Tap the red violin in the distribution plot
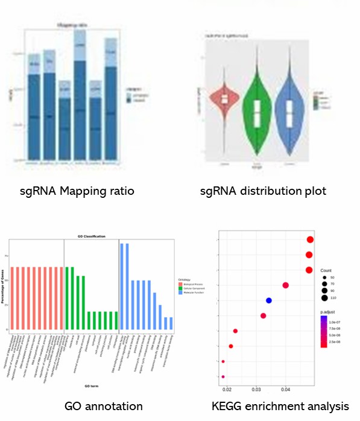225,99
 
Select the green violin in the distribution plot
257,115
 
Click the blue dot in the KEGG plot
269,300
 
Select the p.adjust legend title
329,312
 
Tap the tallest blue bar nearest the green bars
122,287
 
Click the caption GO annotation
103,406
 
